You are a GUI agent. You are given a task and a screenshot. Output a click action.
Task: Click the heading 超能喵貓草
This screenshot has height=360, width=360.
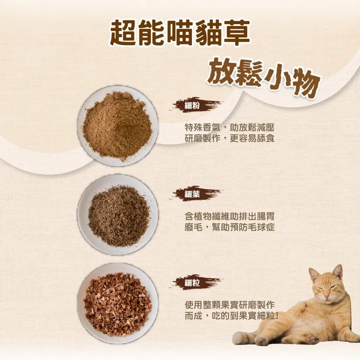tap(179, 33)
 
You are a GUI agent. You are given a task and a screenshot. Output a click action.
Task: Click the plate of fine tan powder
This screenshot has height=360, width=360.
tap(117, 126)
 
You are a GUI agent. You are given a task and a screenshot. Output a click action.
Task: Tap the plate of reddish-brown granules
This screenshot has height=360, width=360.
tap(117, 304)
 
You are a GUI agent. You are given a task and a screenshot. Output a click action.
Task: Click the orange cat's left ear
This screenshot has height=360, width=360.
tap(313, 274)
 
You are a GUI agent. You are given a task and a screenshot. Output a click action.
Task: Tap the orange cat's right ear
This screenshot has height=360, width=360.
tap(338, 272)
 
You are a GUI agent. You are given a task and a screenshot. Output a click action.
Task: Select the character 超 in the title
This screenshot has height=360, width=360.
tap(124, 33)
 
